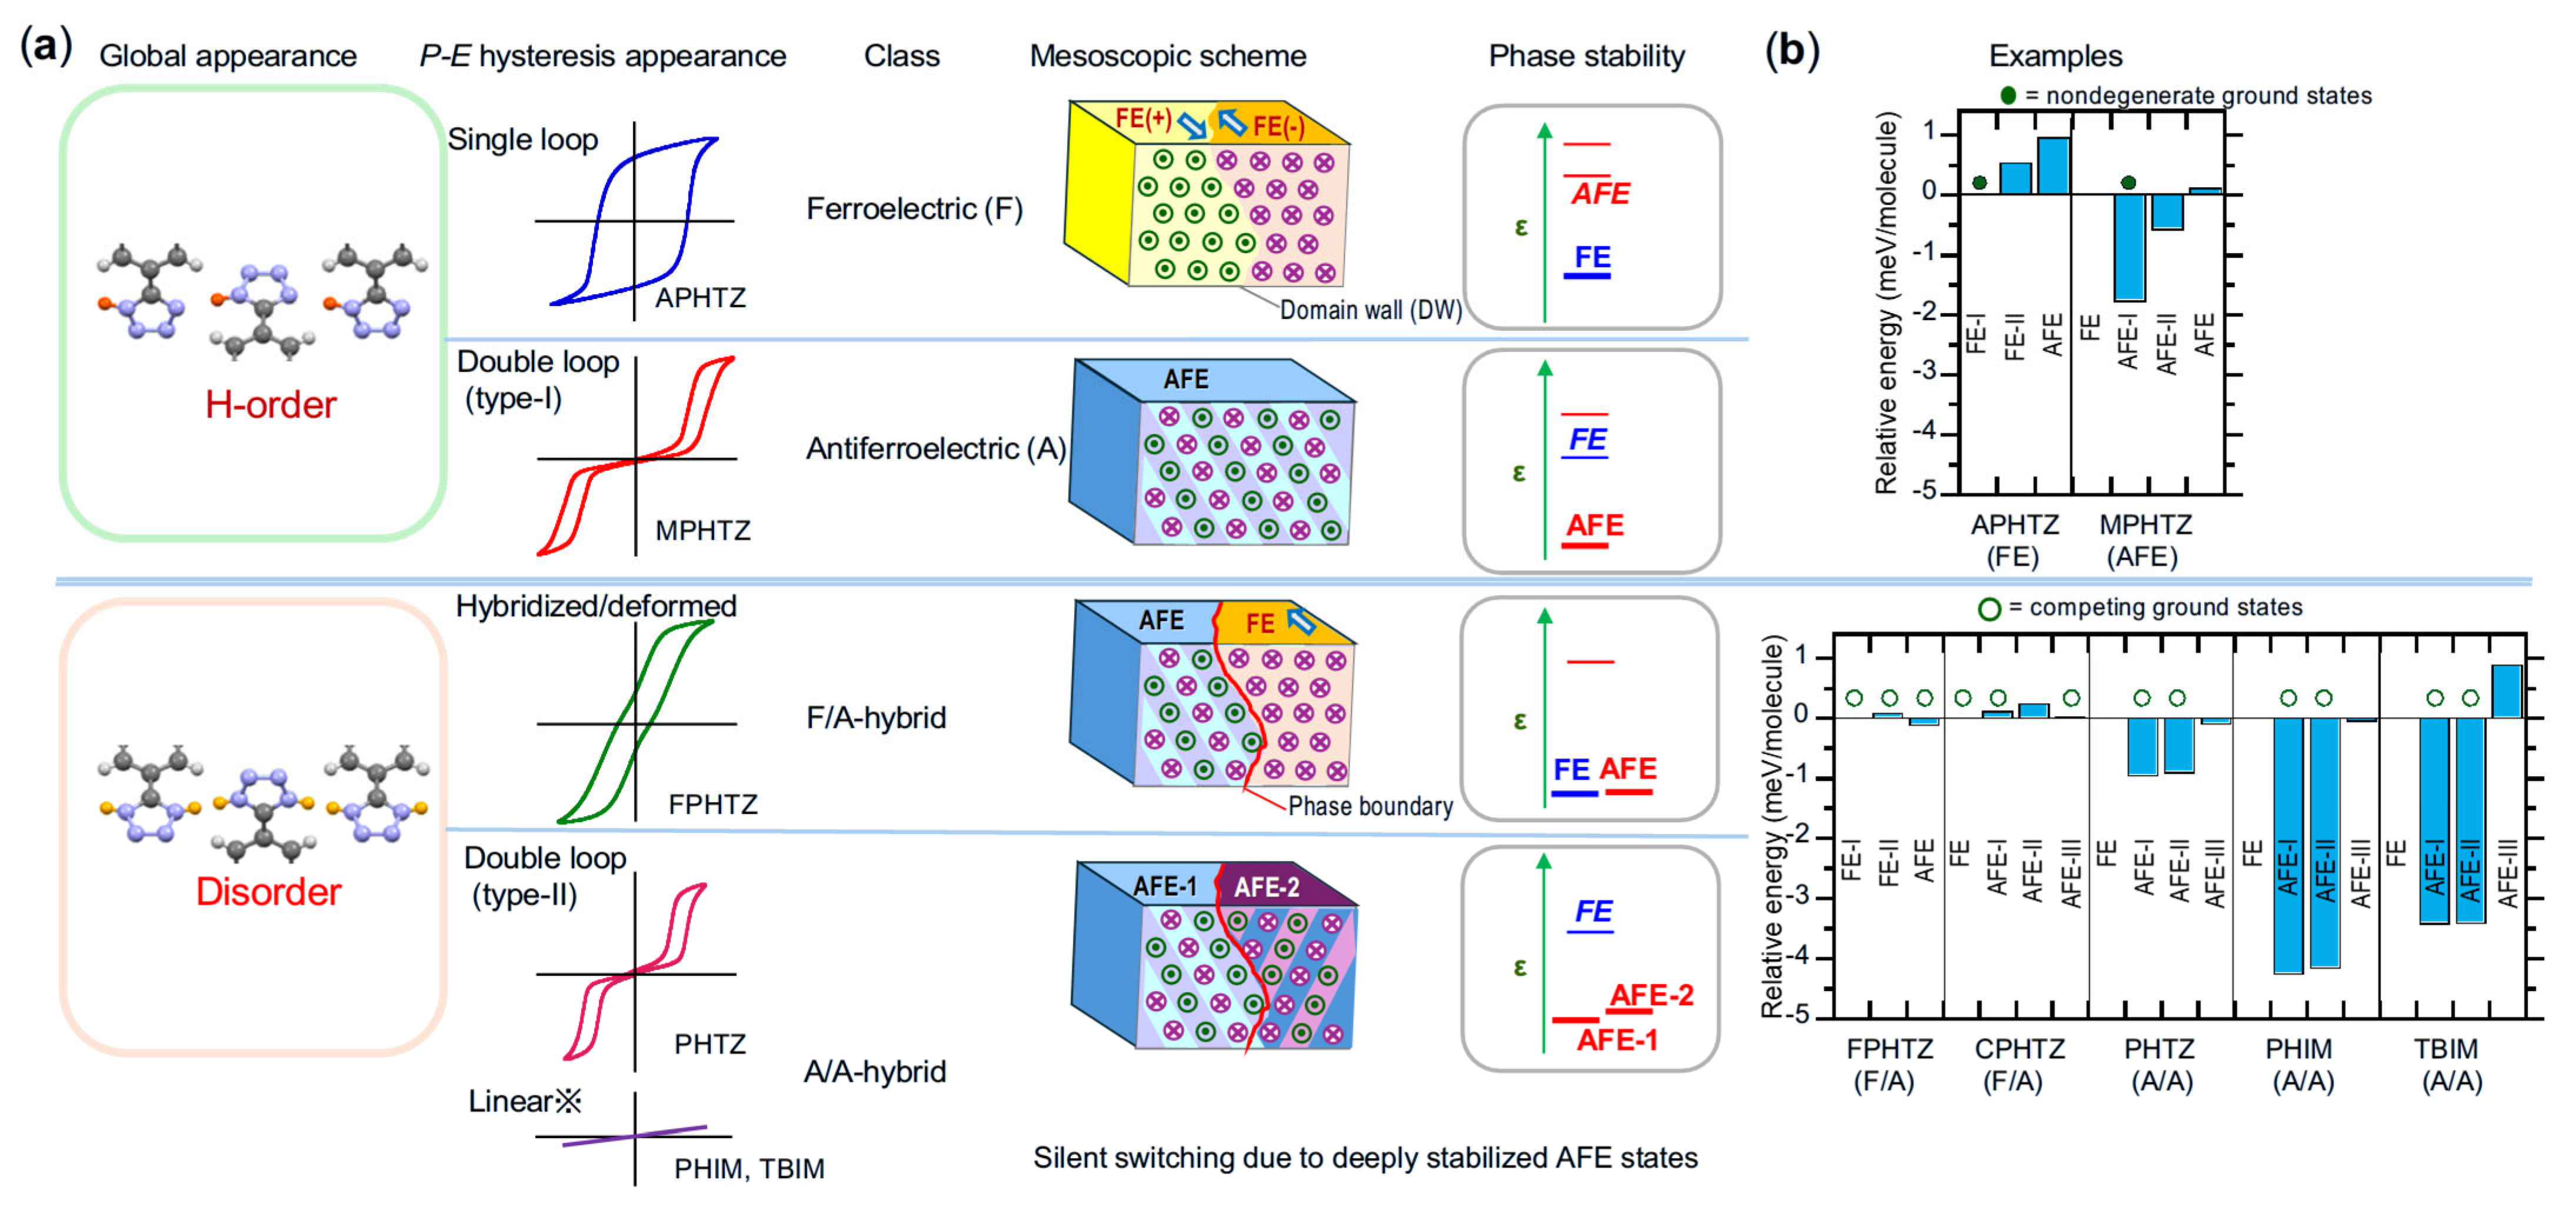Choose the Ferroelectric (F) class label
point(913,209)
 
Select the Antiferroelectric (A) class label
point(935,449)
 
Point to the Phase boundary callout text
point(1370,806)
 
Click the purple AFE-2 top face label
point(1267,886)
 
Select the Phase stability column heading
point(1586,56)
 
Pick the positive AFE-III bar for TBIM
point(2506,691)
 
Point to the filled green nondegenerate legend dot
point(2007,95)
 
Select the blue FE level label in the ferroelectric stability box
point(1592,257)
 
